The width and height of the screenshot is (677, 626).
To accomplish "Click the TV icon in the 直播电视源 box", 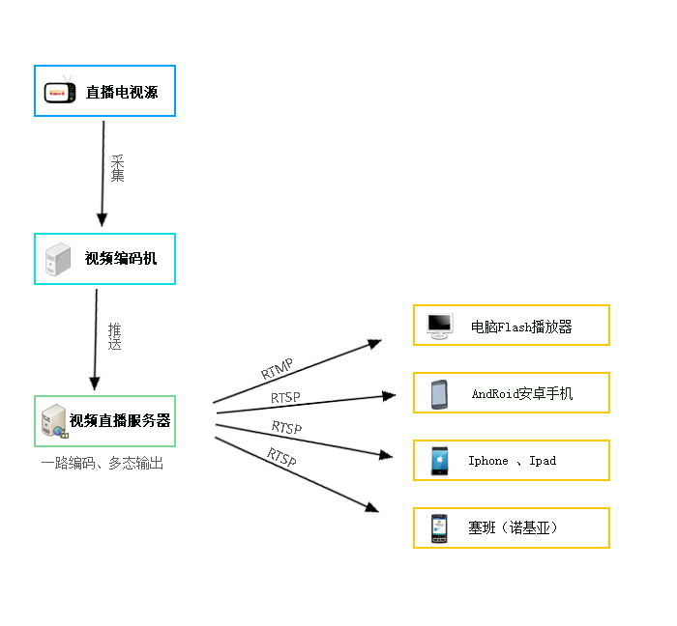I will click(x=61, y=91).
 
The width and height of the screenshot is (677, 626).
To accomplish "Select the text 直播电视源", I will click(x=121, y=92).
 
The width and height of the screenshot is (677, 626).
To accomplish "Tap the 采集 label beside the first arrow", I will click(x=117, y=168).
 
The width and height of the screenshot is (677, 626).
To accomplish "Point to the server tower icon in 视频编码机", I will click(x=58, y=259).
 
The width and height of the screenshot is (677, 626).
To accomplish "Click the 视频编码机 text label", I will click(x=120, y=259).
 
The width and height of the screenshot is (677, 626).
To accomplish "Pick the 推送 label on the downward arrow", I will click(x=114, y=335).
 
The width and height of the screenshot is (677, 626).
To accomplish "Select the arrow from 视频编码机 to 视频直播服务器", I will click(x=96, y=338).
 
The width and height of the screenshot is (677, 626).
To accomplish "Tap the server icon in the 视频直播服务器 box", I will click(x=53, y=421).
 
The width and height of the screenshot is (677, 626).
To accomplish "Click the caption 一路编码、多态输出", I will click(x=102, y=464).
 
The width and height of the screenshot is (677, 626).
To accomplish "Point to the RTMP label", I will click(x=277, y=368).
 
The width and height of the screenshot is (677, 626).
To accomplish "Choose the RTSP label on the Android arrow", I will click(x=285, y=397).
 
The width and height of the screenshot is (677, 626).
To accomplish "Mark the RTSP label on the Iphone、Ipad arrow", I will click(x=286, y=427).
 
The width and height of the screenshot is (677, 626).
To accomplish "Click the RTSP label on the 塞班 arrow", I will click(x=281, y=457).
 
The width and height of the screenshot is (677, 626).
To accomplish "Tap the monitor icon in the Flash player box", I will click(x=440, y=326).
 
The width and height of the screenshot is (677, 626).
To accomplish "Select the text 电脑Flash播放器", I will click(x=521, y=327).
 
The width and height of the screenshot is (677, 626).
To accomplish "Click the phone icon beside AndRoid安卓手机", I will click(x=439, y=393).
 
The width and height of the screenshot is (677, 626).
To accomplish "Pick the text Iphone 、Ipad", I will click(x=512, y=461).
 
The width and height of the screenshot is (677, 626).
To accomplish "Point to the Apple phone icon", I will click(x=439, y=461).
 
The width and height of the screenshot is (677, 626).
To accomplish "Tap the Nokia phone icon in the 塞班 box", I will click(x=439, y=528).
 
